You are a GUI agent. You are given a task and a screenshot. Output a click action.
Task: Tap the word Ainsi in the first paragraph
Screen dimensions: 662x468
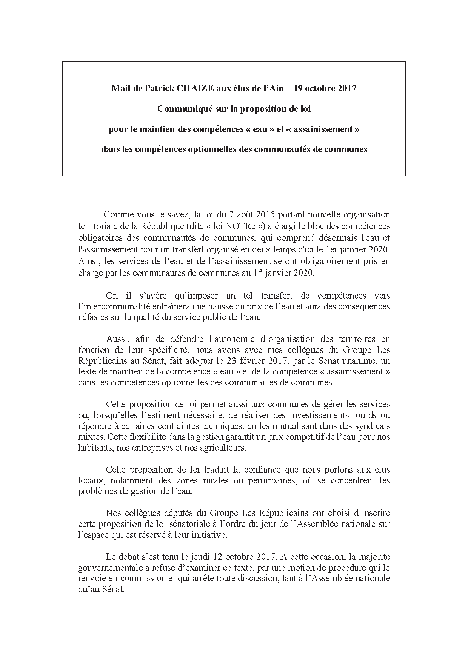87,261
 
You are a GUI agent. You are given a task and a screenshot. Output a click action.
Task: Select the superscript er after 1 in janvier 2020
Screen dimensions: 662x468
260,271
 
